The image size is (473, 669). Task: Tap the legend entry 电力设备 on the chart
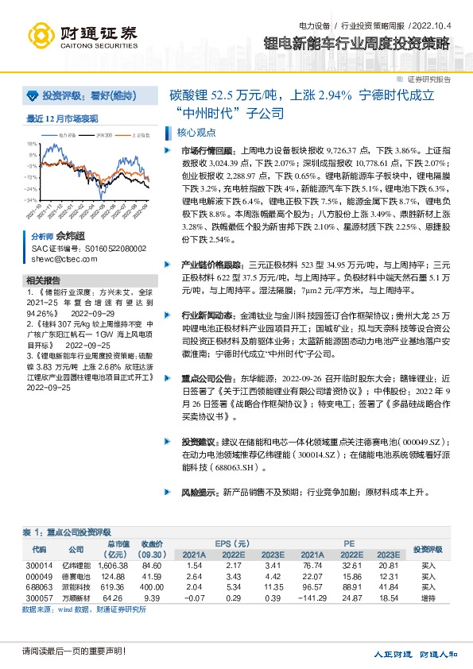pos(68,136)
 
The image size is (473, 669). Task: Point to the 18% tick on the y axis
pos(32,144)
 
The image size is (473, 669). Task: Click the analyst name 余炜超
pos(69,237)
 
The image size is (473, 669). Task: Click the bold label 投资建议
pos(198,439)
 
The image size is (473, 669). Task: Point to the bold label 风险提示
pos(198,492)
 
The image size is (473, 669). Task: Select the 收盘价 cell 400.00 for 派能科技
pos(152,586)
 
